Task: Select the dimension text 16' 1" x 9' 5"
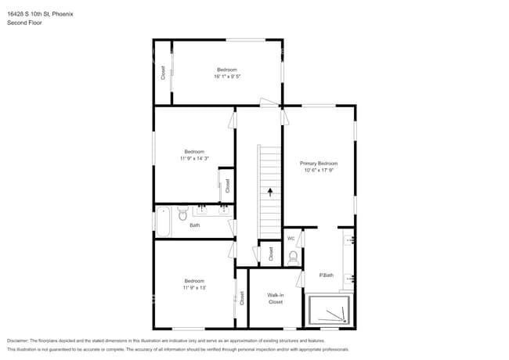coord(227,77)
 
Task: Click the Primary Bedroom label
coord(318,164)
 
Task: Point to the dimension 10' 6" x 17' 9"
coord(318,171)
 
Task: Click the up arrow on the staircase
coord(270,190)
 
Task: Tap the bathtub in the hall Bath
coord(164,221)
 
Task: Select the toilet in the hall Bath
coord(182,212)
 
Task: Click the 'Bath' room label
coord(195,225)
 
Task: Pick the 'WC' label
coord(291,238)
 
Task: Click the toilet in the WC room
coord(294,257)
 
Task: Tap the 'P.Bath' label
coord(327,275)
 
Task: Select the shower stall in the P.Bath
coord(329,311)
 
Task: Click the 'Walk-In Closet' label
coord(276,298)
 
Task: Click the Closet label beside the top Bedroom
coord(163,73)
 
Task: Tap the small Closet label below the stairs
coord(271,254)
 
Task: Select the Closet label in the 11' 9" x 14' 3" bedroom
coord(227,186)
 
